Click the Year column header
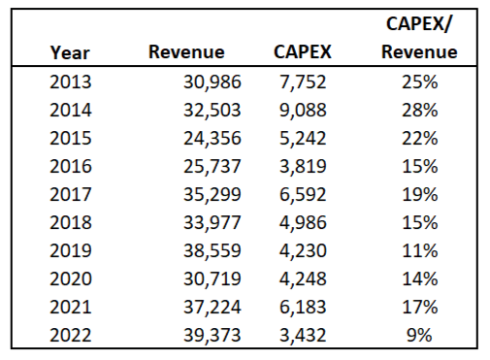pyautogui.click(x=70, y=51)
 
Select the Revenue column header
pyautogui.click(x=185, y=51)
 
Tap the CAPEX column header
pyautogui.click(x=301, y=51)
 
